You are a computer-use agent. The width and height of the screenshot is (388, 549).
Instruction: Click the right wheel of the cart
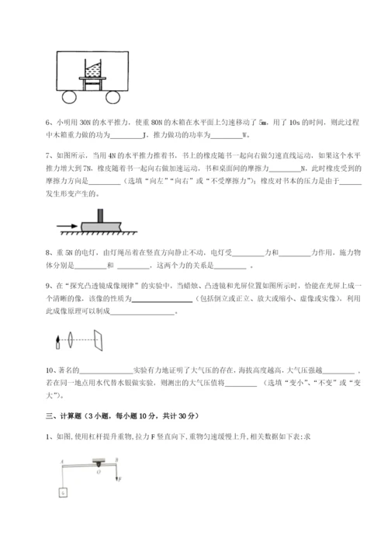[x=114, y=97]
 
